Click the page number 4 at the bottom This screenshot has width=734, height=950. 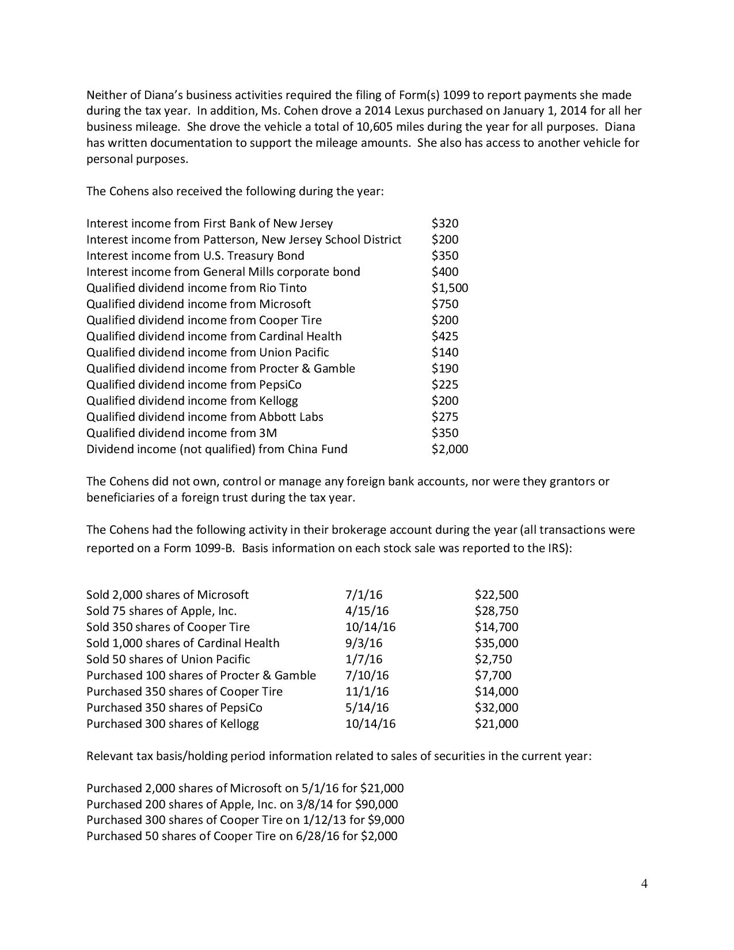coord(644,884)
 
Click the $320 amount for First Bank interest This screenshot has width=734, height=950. coord(445,223)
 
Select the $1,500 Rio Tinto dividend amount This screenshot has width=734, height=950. coord(450,288)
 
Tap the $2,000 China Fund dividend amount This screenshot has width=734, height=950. coord(450,449)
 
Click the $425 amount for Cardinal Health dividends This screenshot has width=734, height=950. coord(445,336)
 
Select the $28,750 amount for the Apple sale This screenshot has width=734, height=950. coord(496,611)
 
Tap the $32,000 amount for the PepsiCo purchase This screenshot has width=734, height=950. coord(496,708)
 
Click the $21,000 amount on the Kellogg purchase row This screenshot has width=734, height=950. coord(496,724)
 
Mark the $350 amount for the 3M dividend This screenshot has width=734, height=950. coord(445,433)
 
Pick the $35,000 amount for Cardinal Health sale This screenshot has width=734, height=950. coord(496,643)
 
